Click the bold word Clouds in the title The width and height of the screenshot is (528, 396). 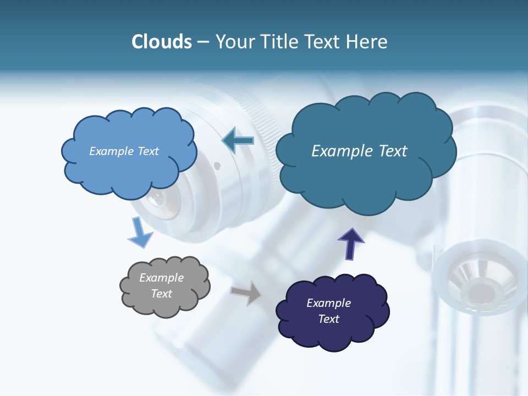click(x=162, y=42)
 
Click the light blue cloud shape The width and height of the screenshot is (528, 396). click(x=128, y=165)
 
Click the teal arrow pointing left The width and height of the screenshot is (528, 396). click(x=238, y=140)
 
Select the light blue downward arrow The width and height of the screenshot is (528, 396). click(x=140, y=233)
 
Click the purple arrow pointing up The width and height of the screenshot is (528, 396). click(x=350, y=243)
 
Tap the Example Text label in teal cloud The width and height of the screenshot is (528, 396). click(x=359, y=151)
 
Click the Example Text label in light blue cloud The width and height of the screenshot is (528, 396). click(x=124, y=151)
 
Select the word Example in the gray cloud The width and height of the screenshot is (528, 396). click(x=161, y=278)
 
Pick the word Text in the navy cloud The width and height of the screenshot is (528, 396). click(x=329, y=319)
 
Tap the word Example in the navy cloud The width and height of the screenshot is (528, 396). click(x=328, y=303)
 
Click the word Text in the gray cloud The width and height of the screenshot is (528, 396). click(x=161, y=294)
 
